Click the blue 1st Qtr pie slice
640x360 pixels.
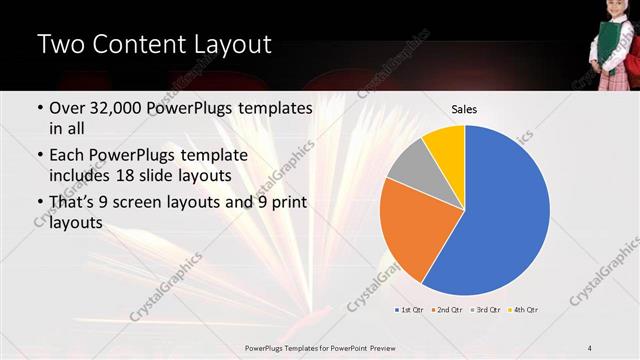pyautogui.click(x=505, y=215)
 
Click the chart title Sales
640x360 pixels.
pyautogui.click(x=464, y=108)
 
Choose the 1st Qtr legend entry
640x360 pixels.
pyautogui.click(x=410, y=310)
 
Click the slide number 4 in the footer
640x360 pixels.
pyautogui.click(x=590, y=346)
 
